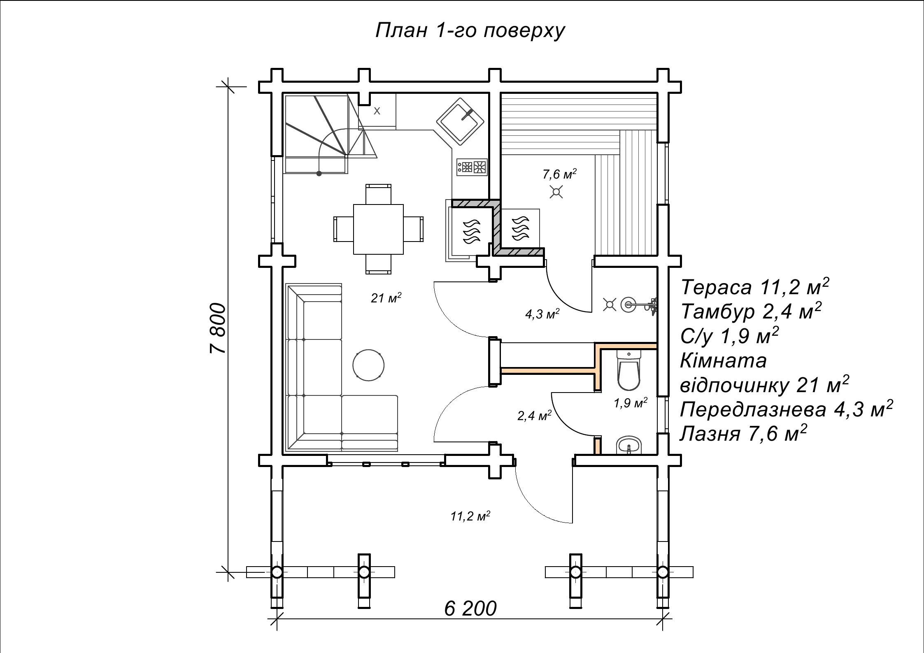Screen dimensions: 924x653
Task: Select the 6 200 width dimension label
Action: tap(470, 609)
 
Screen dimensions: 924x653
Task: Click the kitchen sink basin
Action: tap(460, 121)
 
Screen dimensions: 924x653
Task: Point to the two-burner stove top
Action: tap(472, 167)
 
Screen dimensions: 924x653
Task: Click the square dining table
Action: tap(378, 229)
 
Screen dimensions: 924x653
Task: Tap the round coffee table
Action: tap(368, 365)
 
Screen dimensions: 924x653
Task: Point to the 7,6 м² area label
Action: tap(559, 174)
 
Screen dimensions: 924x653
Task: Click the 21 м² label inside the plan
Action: tap(386, 297)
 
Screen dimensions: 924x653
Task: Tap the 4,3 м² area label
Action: tap(542, 314)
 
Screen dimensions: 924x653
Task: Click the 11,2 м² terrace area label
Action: tap(470, 516)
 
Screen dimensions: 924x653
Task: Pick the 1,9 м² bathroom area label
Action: tap(631, 403)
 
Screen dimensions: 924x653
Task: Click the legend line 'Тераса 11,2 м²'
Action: tap(755, 287)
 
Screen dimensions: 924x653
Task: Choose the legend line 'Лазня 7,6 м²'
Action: tap(743, 433)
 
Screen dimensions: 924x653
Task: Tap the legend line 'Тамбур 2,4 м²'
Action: tap(751, 311)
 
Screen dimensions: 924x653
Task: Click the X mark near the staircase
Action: tap(377, 111)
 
